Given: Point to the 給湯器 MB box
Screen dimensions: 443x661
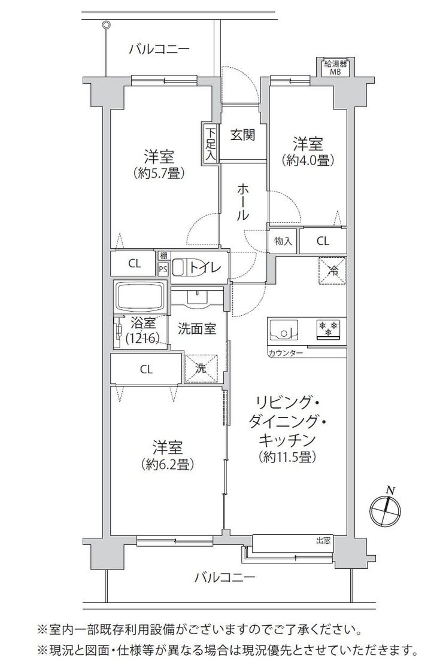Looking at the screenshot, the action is pos(336,68).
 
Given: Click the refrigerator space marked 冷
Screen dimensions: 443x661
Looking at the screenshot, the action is pos(332,270).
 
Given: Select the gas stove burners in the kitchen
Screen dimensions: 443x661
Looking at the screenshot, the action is pos(328,329).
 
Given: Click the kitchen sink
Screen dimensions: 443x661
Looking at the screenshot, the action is pos(283,330).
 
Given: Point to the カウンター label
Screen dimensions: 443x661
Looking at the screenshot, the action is pos(285,352).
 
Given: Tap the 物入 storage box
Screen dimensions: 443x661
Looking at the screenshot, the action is pos(283,241).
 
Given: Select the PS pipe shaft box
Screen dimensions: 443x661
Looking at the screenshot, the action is pos(163,267).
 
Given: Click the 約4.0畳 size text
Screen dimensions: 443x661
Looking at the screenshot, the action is pos(310,160).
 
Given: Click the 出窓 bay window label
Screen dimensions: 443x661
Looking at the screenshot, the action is pos(323,540).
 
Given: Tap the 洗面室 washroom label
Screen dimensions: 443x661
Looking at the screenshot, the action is pos(196,329).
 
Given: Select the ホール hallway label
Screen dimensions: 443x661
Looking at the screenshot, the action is pos(242,202).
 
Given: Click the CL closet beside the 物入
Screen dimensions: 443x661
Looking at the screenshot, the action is pos(323,241).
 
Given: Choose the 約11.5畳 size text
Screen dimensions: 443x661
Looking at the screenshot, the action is pos(289,457).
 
